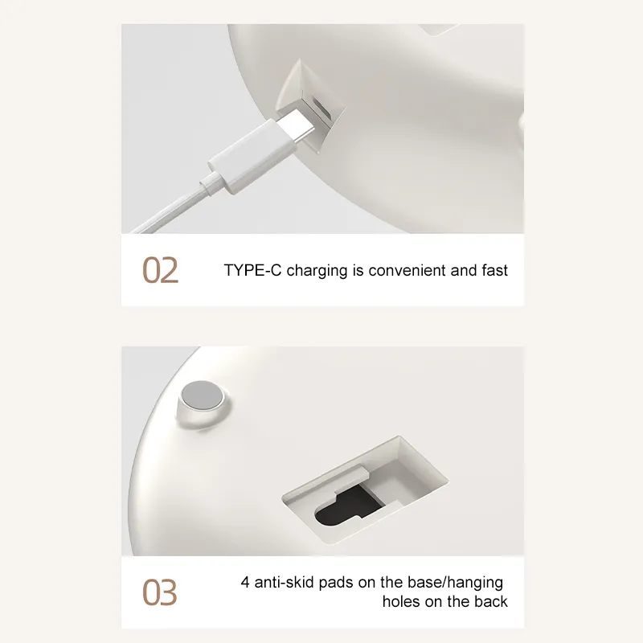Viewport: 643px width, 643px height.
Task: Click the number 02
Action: (x=160, y=271)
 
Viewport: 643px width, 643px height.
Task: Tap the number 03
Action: (x=160, y=592)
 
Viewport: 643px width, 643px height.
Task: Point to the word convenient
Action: (x=407, y=270)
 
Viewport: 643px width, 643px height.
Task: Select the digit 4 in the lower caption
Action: (x=245, y=583)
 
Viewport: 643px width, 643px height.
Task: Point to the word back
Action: (x=490, y=602)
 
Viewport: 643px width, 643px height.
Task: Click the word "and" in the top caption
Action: (x=463, y=270)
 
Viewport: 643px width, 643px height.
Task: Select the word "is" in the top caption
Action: (x=358, y=270)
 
